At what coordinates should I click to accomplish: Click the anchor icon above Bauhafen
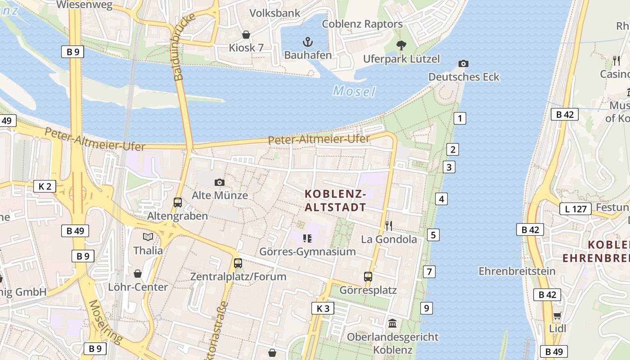[308, 42]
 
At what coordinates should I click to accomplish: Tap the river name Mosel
[354, 91]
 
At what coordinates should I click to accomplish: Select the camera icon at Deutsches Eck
[463, 64]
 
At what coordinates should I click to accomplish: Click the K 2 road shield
[45, 186]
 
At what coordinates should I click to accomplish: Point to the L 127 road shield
[575, 209]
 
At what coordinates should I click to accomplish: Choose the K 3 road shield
[323, 308]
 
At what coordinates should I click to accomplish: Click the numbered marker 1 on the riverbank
[459, 118]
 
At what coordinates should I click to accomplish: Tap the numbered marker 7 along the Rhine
[429, 271]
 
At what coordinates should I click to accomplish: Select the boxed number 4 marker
[441, 199]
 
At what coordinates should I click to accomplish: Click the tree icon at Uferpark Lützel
[401, 45]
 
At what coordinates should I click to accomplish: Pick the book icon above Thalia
[148, 237]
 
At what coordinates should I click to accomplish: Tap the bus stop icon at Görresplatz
[368, 276]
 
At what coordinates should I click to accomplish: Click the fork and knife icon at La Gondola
[389, 226]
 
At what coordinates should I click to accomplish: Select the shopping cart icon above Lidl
[557, 315]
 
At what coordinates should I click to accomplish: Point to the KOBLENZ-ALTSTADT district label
[335, 201]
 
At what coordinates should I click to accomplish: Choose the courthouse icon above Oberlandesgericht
[392, 323]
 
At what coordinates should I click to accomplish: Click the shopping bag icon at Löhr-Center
[138, 274]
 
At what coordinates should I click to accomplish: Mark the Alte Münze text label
[220, 195]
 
